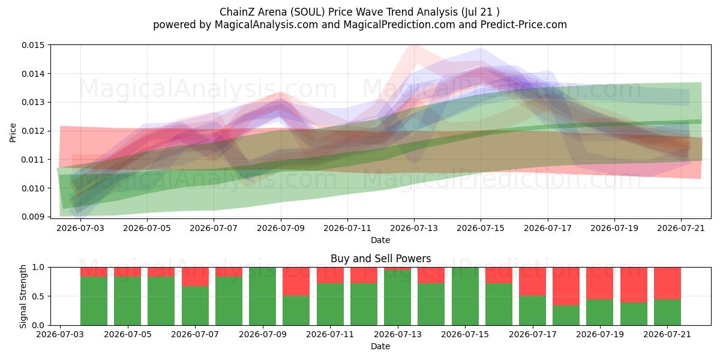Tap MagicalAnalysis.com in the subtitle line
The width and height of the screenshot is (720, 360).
pyautogui.click(x=266, y=25)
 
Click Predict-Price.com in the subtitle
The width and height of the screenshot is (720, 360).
pyautogui.click(x=524, y=25)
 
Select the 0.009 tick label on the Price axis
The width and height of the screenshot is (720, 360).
pyautogui.click(x=33, y=217)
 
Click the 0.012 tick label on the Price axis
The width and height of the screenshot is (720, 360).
pyautogui.click(x=33, y=131)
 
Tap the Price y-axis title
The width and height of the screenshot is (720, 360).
pyautogui.click(x=13, y=133)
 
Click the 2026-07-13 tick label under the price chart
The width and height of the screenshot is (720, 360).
pyautogui.click(x=414, y=228)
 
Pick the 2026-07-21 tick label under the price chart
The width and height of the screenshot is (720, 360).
pyautogui.click(x=681, y=228)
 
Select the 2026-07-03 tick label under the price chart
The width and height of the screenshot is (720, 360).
pyautogui.click(x=80, y=228)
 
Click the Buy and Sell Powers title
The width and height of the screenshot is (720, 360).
pyautogui.click(x=380, y=259)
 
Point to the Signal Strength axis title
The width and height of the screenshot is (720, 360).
pyautogui.click(x=23, y=296)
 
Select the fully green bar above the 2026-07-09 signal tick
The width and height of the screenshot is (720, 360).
pyautogui.click(x=263, y=296)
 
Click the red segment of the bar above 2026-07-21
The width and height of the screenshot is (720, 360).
pyautogui.click(x=667, y=283)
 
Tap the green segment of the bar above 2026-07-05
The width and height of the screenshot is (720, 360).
pyautogui.click(x=128, y=301)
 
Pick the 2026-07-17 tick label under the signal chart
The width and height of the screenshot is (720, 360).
pyautogui.click(x=533, y=335)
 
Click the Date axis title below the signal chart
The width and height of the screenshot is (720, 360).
pyautogui.click(x=380, y=347)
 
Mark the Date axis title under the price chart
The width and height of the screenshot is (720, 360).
pyautogui.click(x=380, y=240)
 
